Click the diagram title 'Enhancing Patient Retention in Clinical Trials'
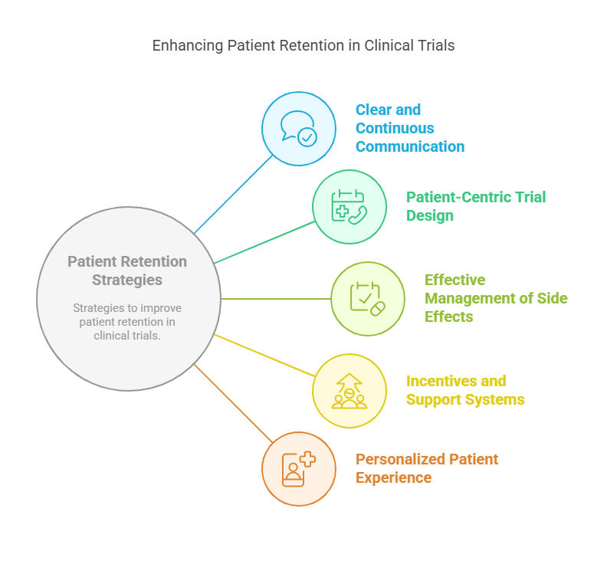click(303, 45)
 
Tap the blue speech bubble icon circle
click(298, 129)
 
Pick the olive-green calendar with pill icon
click(367, 299)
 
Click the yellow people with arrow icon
click(349, 391)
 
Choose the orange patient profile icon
click(298, 469)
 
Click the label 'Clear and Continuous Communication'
click(409, 128)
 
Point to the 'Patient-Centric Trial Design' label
click(475, 206)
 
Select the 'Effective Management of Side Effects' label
click(496, 298)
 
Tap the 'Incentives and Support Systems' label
click(464, 390)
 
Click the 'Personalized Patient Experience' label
click(426, 468)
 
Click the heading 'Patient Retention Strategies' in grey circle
click(127, 271)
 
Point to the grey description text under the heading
click(127, 321)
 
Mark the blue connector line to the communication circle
click(234, 194)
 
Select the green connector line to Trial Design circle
click(264, 242)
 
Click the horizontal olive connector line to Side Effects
click(276, 299)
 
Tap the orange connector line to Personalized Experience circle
click(234, 404)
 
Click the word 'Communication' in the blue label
click(409, 146)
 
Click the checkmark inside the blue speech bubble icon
click(307, 137)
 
